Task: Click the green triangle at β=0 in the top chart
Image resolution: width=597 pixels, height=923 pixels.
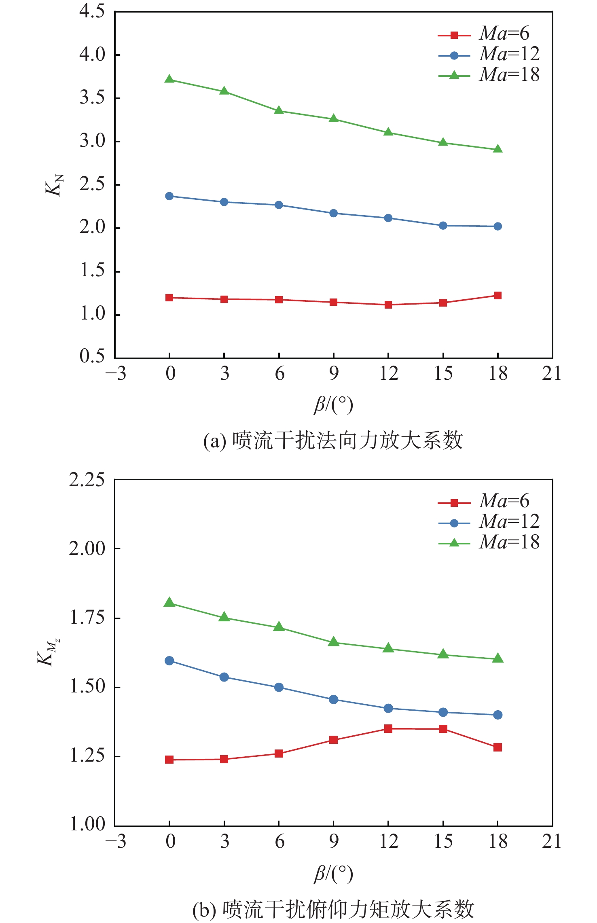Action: pos(169,79)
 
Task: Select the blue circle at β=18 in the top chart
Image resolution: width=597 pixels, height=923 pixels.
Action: pos(498,227)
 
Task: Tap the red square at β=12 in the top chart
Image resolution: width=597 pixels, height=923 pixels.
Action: pos(388,305)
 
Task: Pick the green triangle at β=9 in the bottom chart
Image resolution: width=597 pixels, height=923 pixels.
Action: pos(334,642)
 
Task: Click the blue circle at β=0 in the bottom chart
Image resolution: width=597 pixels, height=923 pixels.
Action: pos(169,661)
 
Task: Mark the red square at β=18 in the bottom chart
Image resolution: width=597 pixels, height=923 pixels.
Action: pos(498,747)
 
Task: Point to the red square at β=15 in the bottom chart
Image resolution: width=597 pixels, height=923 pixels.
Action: pos(443,729)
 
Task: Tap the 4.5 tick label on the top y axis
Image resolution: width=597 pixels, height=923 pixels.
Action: pos(92,11)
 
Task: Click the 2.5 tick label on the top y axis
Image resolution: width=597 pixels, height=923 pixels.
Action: pos(92,184)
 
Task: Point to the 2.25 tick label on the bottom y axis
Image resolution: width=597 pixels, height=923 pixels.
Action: pos(87,480)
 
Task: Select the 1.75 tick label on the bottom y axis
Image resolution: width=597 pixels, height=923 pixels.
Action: pos(87,618)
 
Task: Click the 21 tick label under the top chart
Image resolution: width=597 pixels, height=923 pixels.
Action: pos(552,373)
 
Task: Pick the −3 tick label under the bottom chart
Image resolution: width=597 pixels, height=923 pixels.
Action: pos(116,841)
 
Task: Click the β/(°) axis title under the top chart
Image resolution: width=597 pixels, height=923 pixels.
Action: pos(334,405)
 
